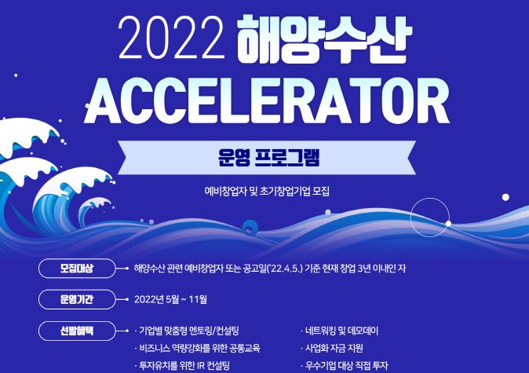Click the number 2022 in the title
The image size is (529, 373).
point(171,38)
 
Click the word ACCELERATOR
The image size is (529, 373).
point(267,101)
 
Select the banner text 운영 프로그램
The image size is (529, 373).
point(268,158)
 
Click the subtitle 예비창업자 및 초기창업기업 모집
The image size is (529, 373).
point(267,192)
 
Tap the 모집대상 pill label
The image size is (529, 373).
point(77,269)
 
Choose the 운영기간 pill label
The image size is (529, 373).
point(77,299)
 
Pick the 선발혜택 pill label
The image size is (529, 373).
point(77,331)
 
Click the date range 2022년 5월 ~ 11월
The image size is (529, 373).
point(170,299)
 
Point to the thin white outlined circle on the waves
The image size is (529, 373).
point(410,218)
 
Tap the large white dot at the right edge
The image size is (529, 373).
point(505,197)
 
